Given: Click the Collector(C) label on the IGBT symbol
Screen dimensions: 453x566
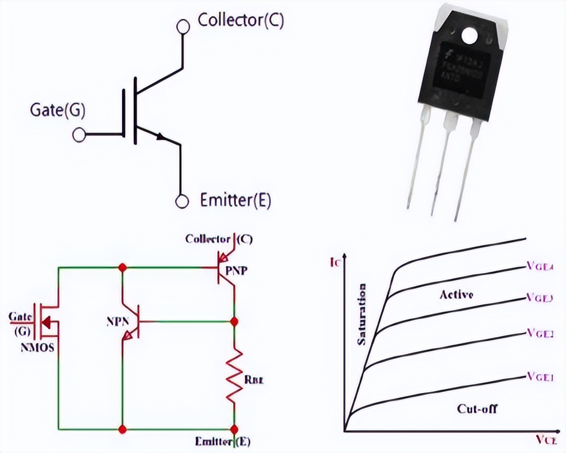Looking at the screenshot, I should [x=240, y=20].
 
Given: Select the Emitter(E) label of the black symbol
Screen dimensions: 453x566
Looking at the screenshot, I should [x=235, y=201].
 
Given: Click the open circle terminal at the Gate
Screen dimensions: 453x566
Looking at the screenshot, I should [x=79, y=134].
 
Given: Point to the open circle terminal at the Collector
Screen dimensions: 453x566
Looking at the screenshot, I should [x=183, y=26].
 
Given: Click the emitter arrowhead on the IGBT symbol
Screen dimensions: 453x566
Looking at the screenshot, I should [x=160, y=137].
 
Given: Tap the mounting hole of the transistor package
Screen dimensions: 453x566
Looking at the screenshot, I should [x=470, y=35].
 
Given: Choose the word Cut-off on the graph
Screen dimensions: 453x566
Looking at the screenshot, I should [x=477, y=409].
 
